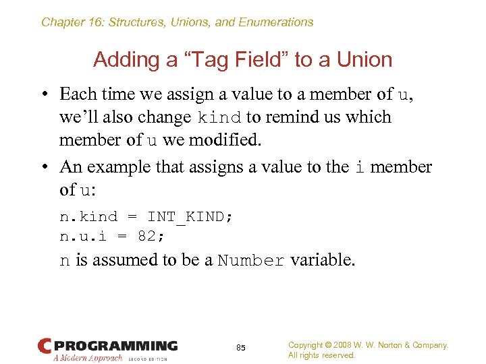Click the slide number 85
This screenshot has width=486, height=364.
[241, 348]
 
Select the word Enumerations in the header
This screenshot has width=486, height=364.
[276, 22]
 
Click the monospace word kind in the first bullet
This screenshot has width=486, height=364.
[219, 118]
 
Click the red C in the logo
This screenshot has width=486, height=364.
[45, 346]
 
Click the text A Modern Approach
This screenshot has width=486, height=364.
[88, 359]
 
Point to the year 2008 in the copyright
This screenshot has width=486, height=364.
[351, 345]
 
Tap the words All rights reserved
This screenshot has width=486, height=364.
[321, 355]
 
